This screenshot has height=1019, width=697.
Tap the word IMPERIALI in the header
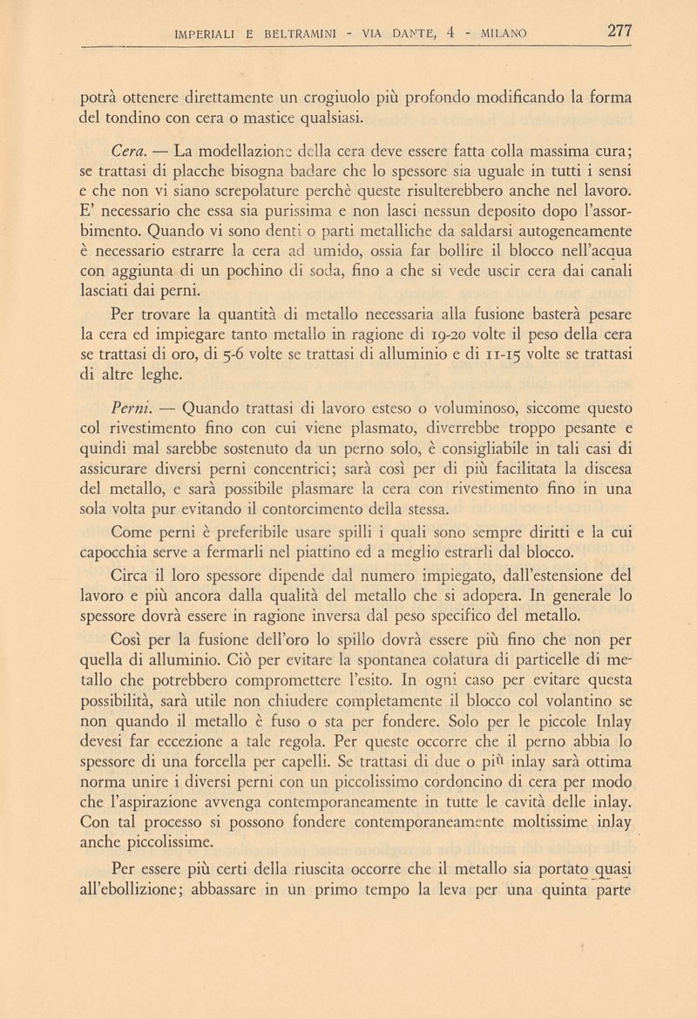(x=208, y=37)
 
